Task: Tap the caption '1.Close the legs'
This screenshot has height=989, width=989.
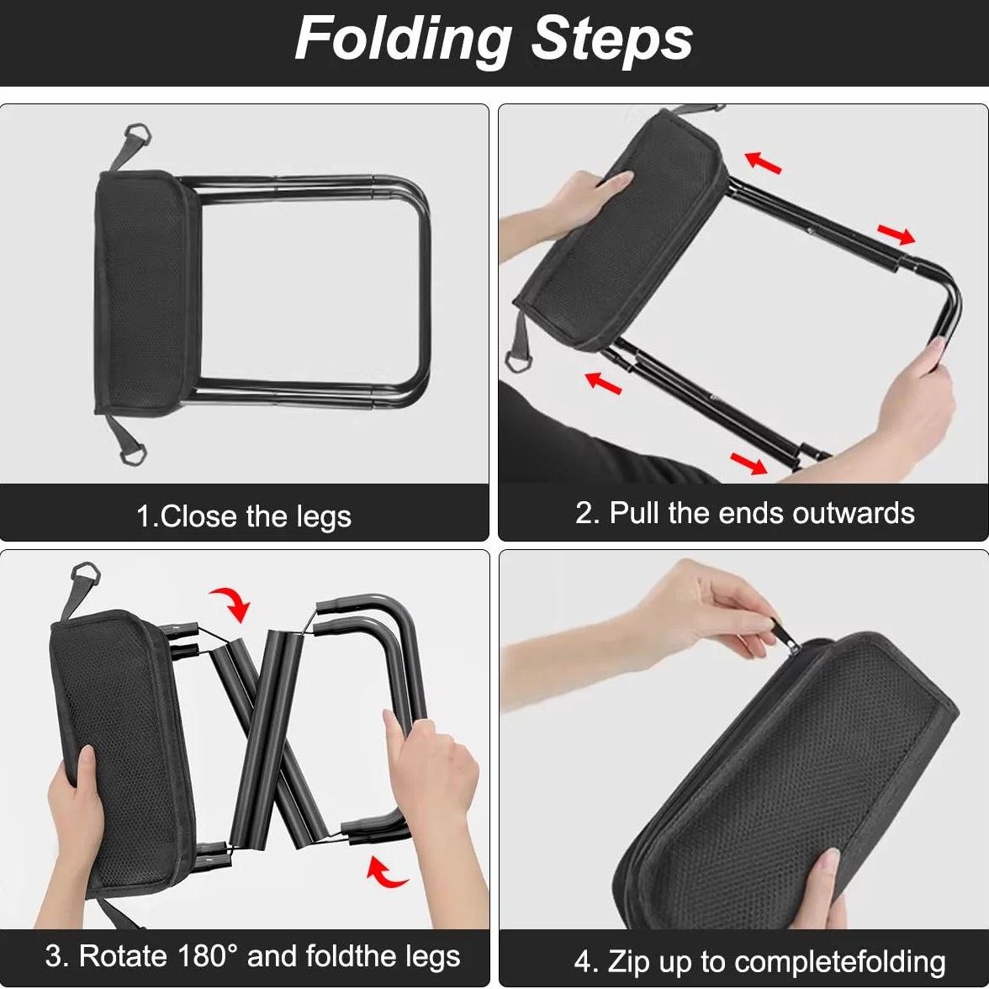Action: [x=244, y=516]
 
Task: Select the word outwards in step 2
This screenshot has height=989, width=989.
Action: [x=854, y=513]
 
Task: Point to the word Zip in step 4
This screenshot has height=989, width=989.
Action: [x=628, y=963]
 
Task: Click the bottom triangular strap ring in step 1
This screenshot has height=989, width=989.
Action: [x=132, y=452]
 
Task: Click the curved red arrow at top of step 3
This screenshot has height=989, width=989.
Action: [x=233, y=601]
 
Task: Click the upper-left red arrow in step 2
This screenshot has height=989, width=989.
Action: [x=764, y=162]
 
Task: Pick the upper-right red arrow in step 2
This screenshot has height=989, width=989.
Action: [x=896, y=235]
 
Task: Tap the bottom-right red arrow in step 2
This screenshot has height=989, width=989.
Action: [x=748, y=463]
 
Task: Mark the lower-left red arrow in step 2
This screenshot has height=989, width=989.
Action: [x=603, y=383]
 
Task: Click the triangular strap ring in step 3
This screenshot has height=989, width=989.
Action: [x=86, y=574]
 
